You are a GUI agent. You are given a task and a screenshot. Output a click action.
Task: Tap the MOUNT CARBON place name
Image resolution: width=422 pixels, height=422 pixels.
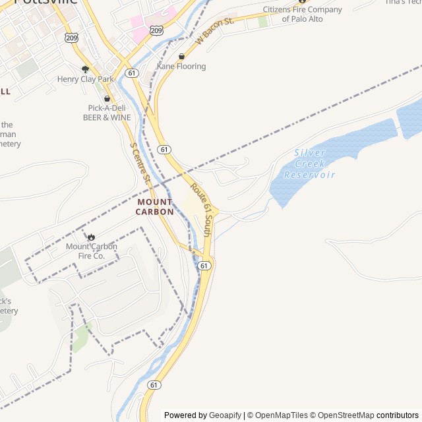[155, 207]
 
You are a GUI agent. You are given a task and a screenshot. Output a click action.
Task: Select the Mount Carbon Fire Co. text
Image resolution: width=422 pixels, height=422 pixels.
[92, 251]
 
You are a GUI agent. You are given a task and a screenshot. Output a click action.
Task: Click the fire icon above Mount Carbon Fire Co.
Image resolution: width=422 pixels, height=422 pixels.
[91, 237]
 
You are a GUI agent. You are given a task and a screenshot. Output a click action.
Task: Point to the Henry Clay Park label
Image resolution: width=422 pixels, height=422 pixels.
[86, 79]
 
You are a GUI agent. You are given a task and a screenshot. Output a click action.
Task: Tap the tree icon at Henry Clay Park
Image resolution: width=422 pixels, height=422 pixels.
[85, 69]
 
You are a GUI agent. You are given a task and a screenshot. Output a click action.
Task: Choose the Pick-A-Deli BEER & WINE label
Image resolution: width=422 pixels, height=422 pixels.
[107, 113]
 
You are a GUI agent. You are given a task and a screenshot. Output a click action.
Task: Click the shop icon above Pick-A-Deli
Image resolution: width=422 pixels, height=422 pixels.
[107, 99]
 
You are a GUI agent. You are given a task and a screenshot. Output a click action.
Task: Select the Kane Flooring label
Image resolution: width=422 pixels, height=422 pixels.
[181, 67]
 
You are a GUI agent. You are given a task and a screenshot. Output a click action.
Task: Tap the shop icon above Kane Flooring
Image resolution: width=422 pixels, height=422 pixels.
[181, 57]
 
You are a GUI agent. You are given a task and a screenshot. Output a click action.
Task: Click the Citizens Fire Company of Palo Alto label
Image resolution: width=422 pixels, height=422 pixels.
[303, 14]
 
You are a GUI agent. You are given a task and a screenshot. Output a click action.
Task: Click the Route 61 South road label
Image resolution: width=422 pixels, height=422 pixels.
[201, 210]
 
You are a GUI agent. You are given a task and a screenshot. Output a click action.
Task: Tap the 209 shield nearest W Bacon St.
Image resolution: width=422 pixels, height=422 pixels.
[156, 30]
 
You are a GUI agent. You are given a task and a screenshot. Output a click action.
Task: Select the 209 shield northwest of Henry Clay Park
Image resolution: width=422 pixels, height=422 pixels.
[71, 38]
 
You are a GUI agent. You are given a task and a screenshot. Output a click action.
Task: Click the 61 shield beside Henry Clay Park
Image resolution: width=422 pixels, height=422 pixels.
[133, 73]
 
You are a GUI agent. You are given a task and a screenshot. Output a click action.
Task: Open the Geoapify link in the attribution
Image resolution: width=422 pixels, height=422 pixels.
[225, 415]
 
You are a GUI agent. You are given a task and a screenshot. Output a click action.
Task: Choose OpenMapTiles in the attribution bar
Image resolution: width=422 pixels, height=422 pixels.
[281, 415]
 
